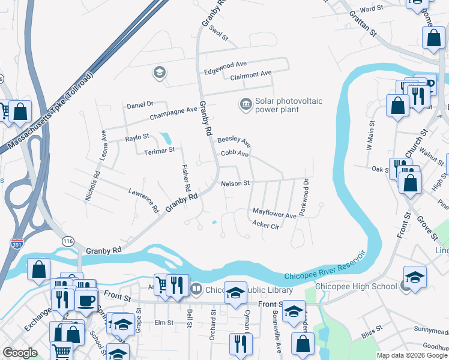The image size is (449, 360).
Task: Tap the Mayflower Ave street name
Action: click(x=274, y=214)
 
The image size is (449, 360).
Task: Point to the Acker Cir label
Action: click(x=266, y=226)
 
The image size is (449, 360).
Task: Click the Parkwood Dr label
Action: click(x=306, y=197)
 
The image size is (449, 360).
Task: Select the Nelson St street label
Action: click(x=235, y=184)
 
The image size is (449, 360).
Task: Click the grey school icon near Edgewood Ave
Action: click(x=159, y=73)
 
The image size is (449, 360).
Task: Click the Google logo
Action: click(x=19, y=353)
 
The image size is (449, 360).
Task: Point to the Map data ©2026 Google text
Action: click(x=411, y=355)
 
